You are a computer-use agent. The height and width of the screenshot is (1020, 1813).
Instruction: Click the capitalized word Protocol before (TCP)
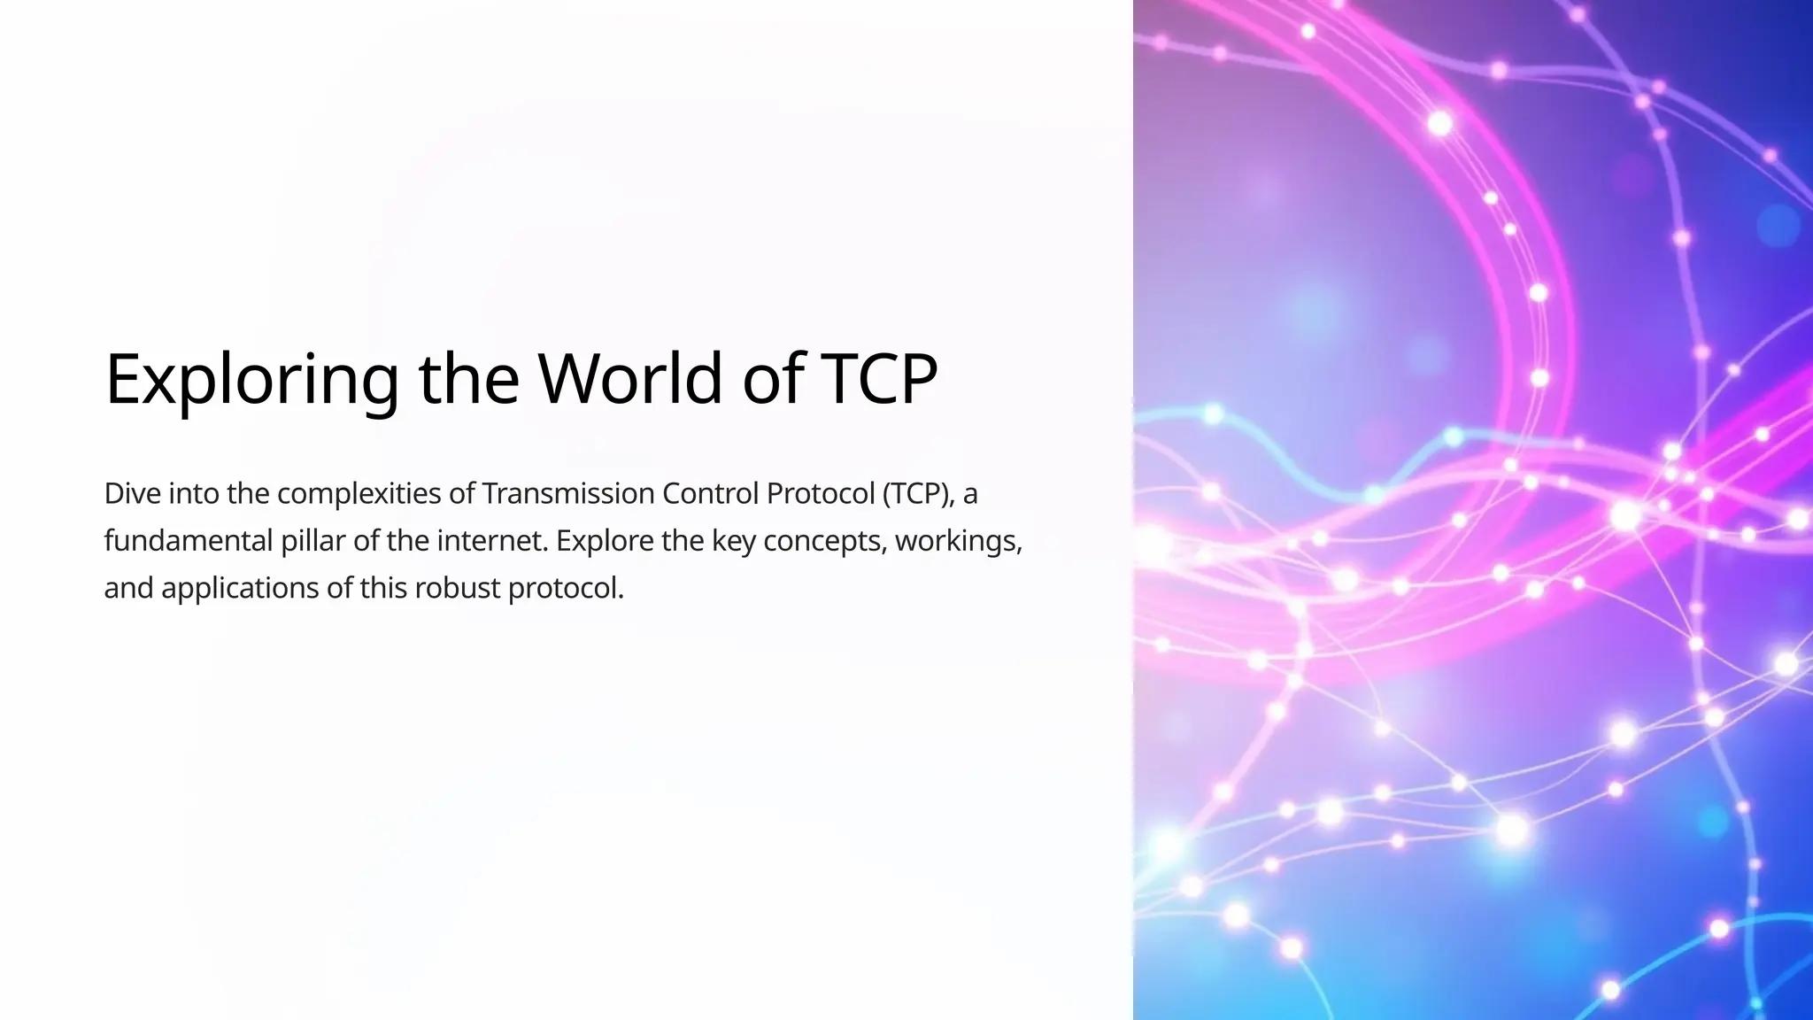(x=820, y=493)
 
